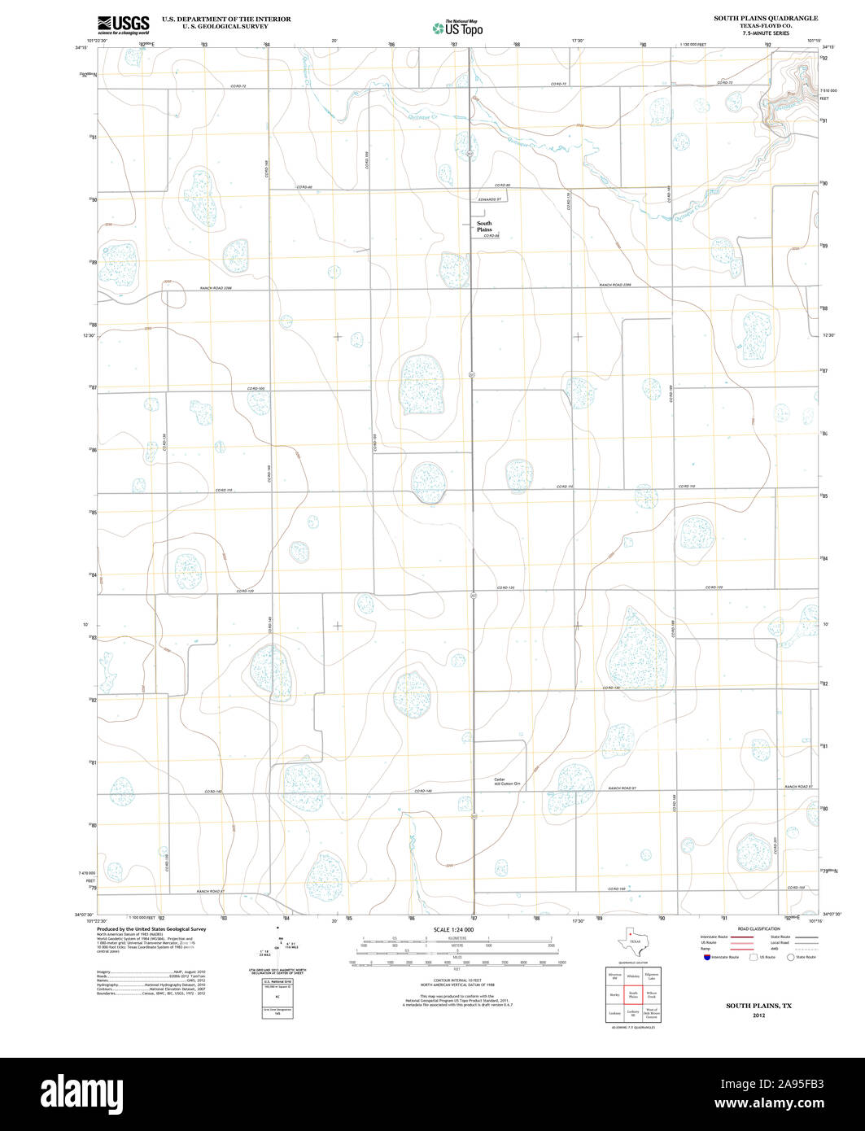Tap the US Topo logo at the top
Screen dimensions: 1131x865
[457, 28]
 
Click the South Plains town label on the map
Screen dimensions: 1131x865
[484, 226]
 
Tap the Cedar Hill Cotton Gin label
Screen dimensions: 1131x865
[507, 781]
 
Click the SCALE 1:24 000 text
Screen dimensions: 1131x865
[454, 929]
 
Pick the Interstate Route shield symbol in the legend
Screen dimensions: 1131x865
[706, 957]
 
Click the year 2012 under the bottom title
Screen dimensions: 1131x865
[758, 1015]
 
